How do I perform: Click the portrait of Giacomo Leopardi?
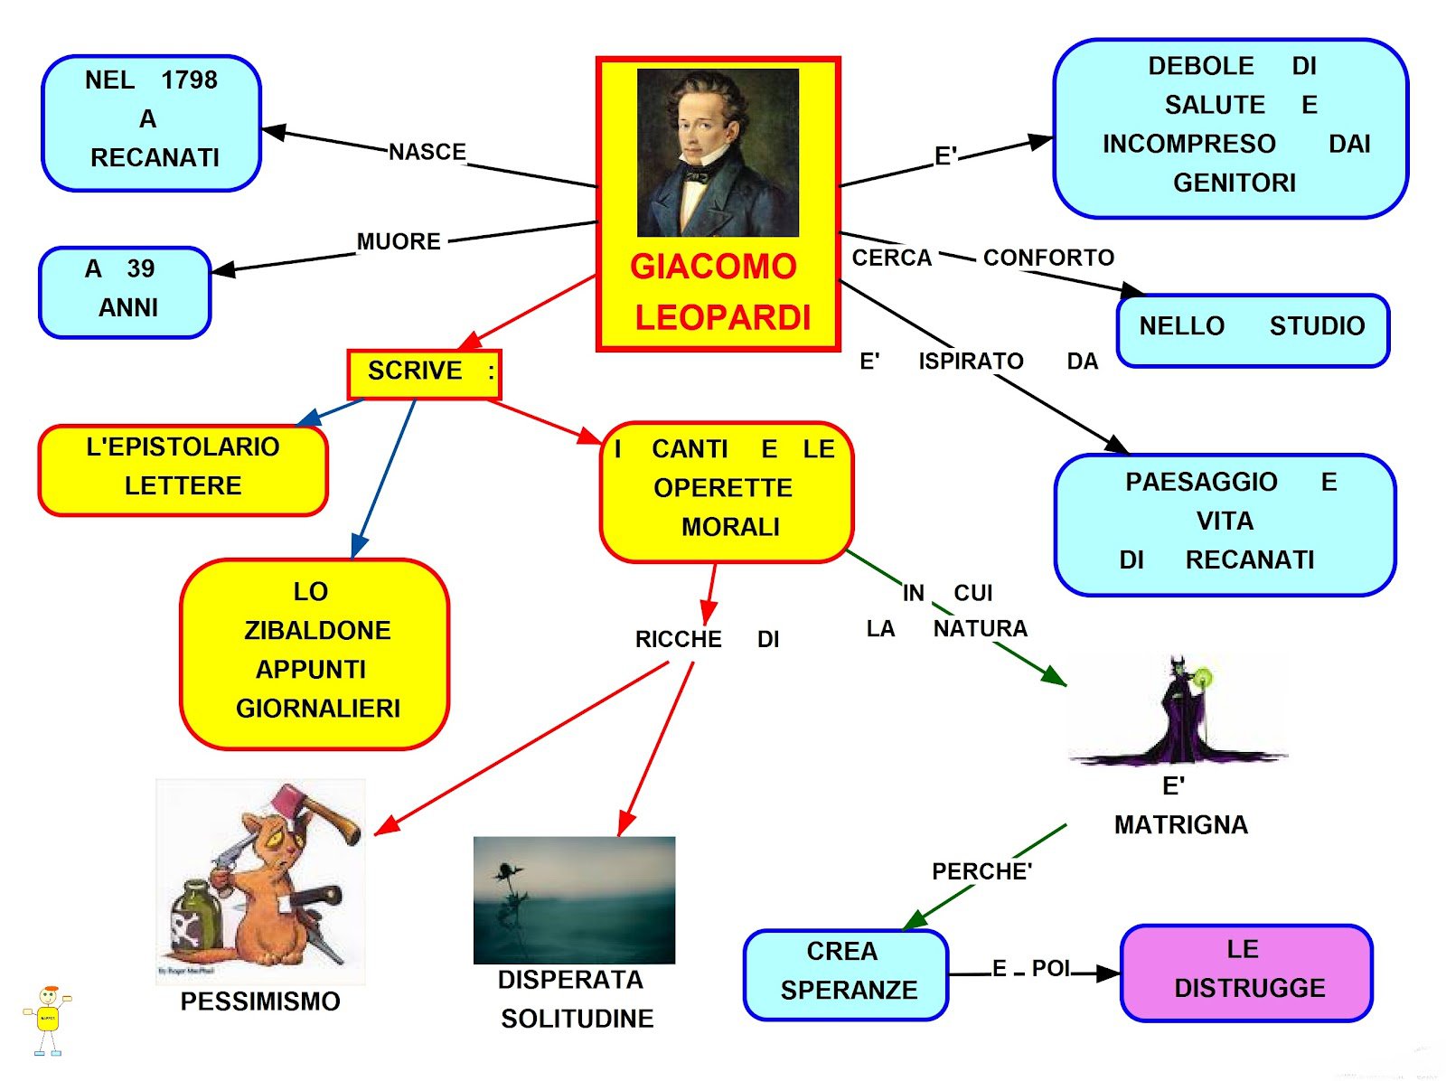click(718, 152)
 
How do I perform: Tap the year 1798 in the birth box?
click(189, 80)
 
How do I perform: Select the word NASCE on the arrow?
click(427, 152)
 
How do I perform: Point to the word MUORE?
click(399, 241)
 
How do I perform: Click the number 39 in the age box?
click(141, 268)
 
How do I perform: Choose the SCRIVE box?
click(424, 373)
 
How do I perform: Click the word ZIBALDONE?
click(317, 630)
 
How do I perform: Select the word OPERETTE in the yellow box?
click(723, 488)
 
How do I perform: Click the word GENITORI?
click(1235, 183)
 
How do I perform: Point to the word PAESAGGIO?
click(1201, 482)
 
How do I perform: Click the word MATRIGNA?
click(1180, 824)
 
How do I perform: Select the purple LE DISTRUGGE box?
click(1246, 973)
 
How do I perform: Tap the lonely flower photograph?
click(574, 899)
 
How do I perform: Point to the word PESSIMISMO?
click(260, 1001)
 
